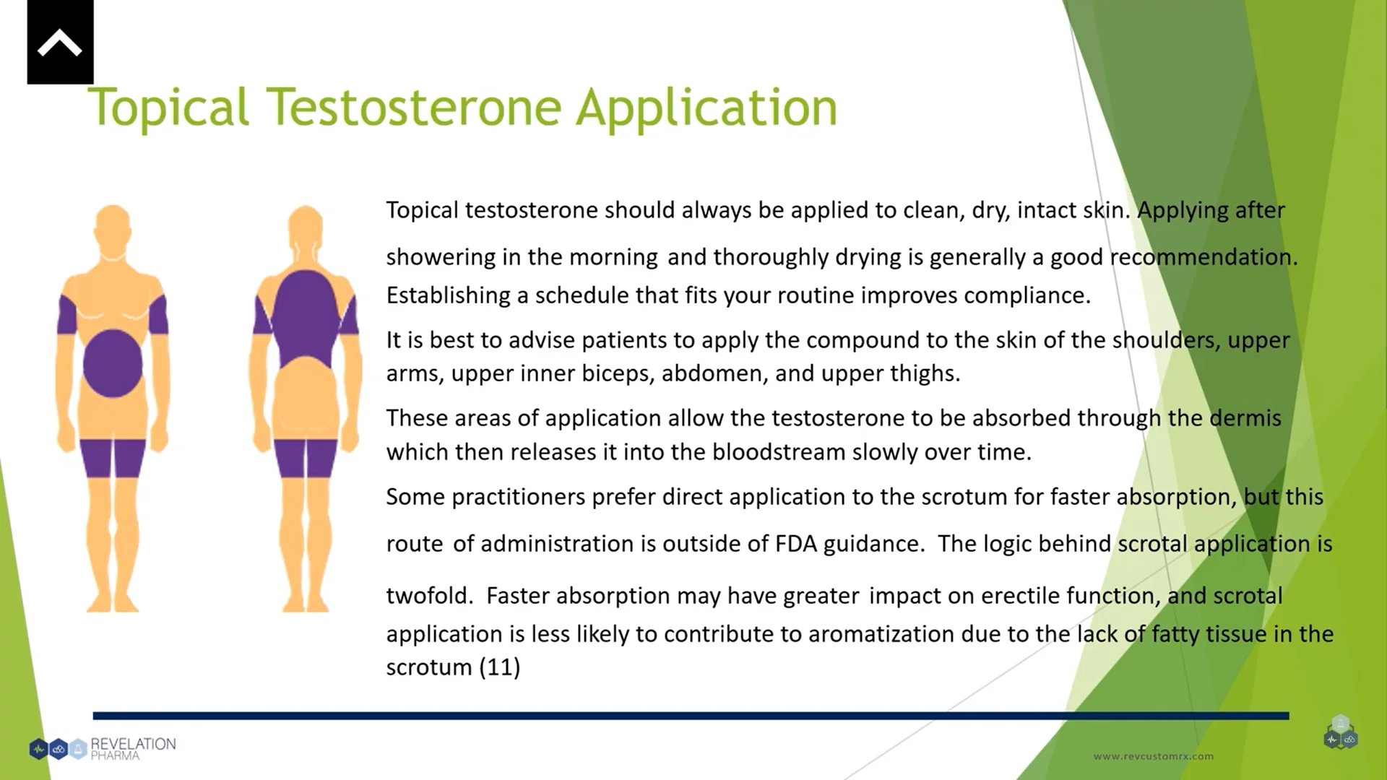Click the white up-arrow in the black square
tap(60, 43)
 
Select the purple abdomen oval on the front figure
tap(113, 363)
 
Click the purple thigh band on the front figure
tap(113, 457)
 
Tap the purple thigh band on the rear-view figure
tap(306, 457)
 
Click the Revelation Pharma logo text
tap(132, 749)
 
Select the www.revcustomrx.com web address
tap(1153, 756)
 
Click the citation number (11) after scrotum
tap(500, 667)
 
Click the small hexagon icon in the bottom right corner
tap(1341, 733)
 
